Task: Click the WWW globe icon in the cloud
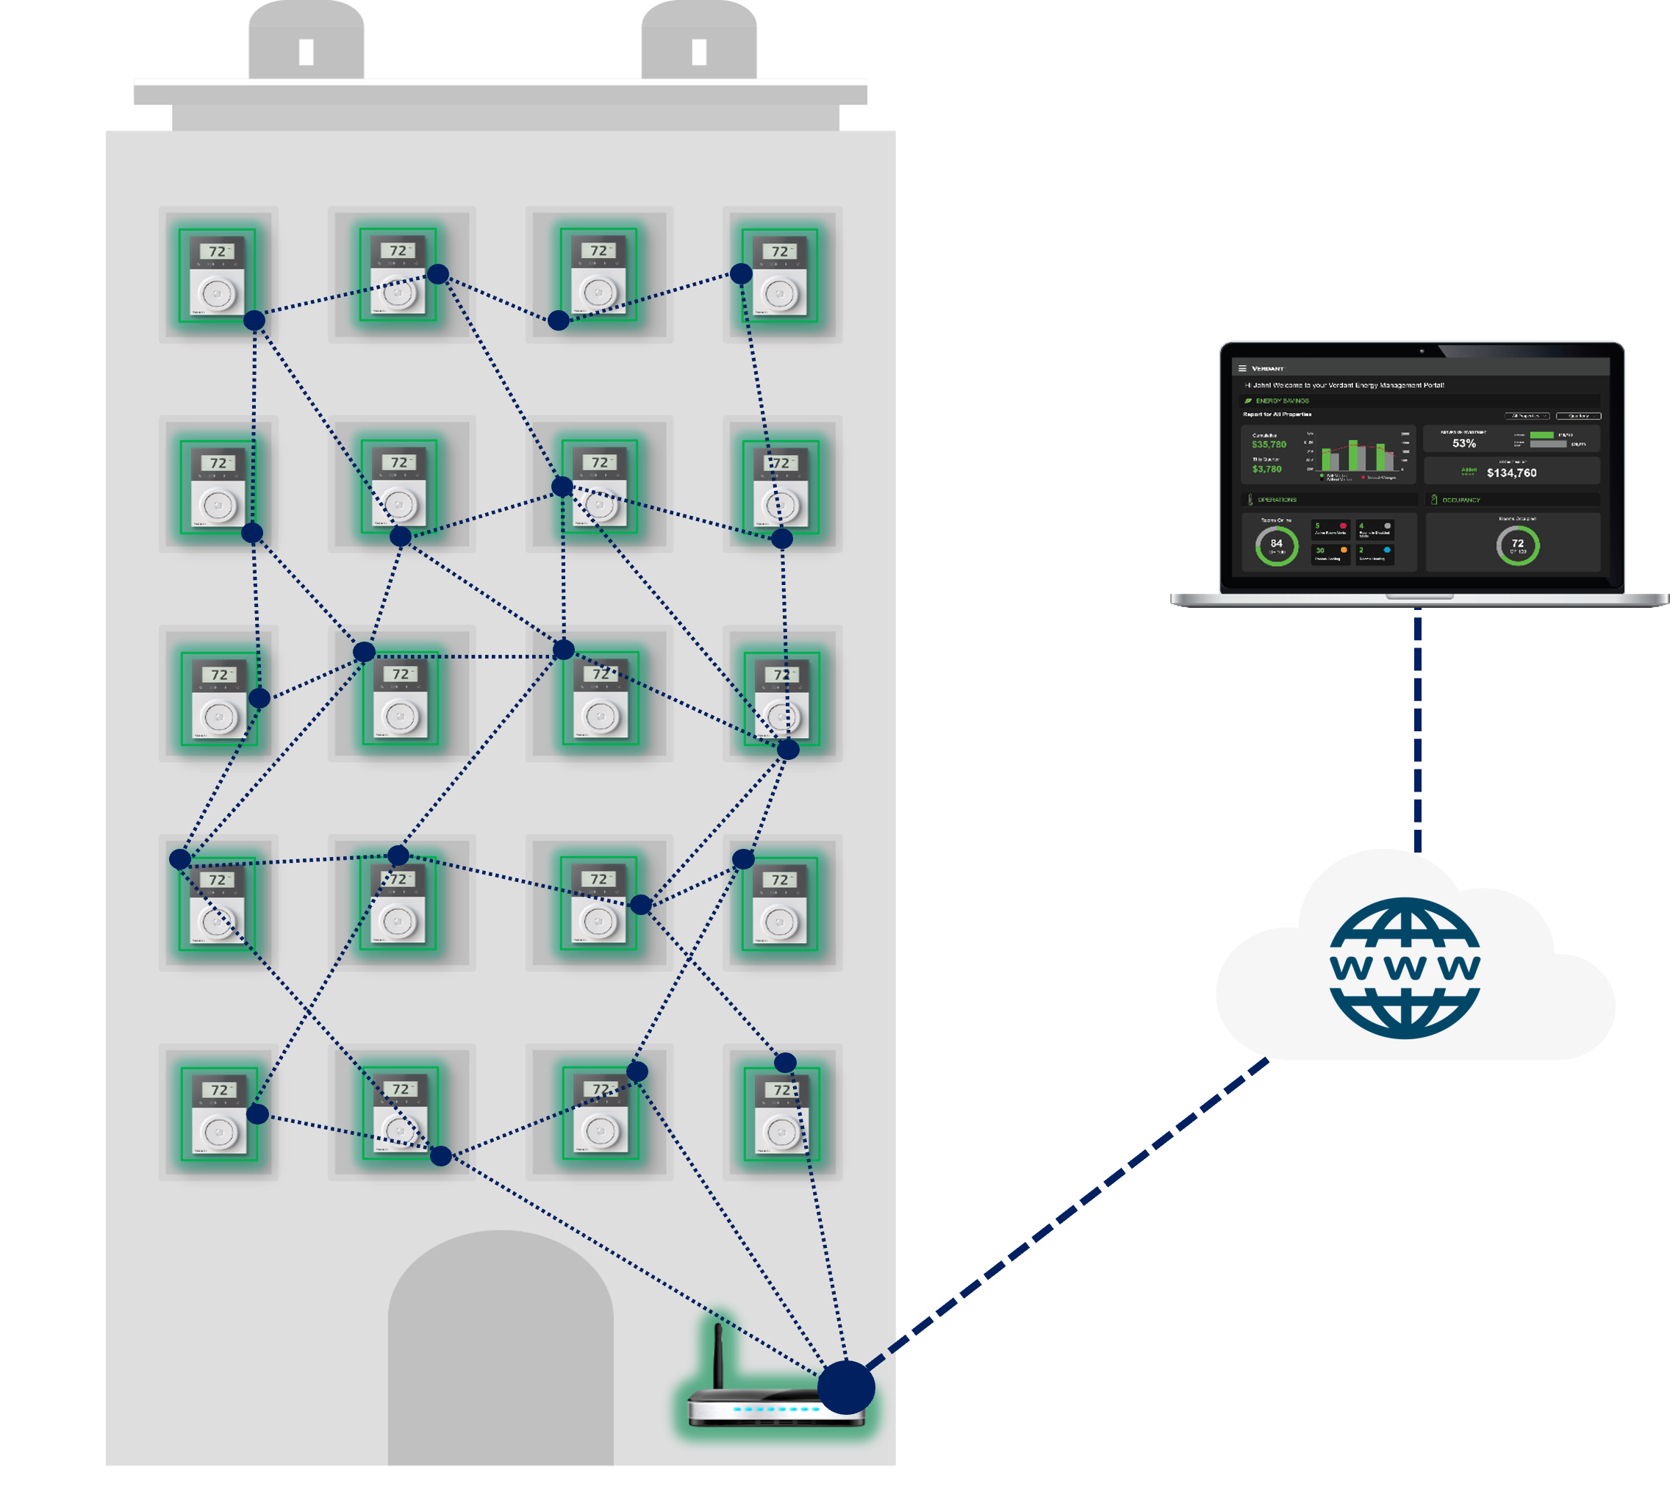(1404, 967)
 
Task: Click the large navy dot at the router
(846, 1388)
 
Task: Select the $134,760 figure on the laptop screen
(1511, 473)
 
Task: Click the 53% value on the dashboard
(1463, 443)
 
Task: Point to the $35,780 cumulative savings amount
(1269, 445)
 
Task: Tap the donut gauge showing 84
(1276, 545)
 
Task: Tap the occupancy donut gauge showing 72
(1517, 545)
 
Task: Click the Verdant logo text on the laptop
(1268, 368)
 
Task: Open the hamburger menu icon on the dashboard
(1242, 368)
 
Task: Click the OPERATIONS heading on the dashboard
(1277, 500)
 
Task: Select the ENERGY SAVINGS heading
(1283, 401)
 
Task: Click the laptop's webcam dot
(1422, 351)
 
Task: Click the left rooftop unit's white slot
(307, 52)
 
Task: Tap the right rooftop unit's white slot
(699, 52)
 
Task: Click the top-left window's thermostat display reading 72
(218, 251)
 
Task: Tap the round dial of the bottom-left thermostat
(219, 1131)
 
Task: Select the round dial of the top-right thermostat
(781, 293)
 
